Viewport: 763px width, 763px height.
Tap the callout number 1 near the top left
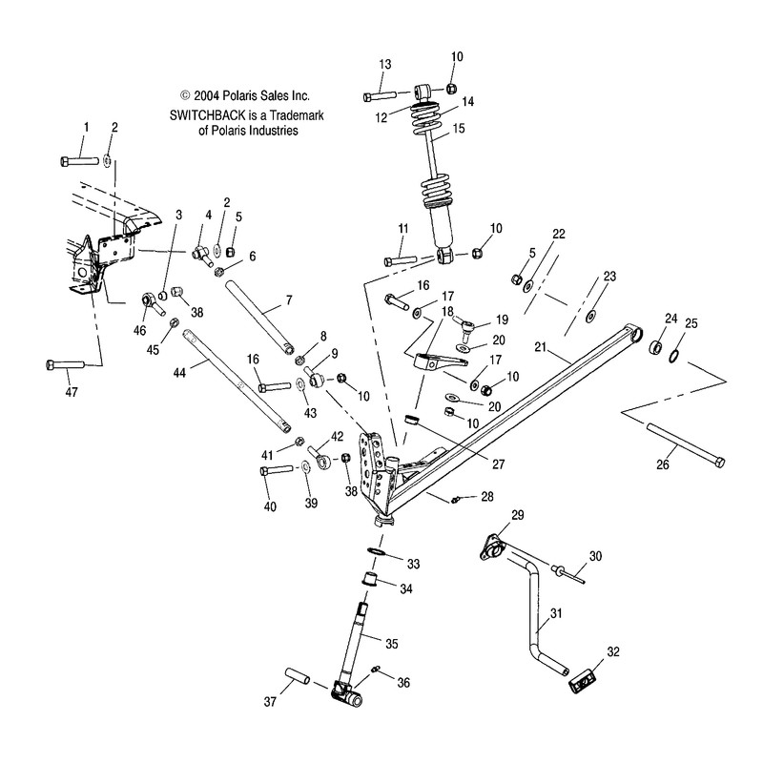(x=85, y=127)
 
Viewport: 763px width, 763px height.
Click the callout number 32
(x=613, y=652)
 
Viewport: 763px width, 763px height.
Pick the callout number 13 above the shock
(x=384, y=64)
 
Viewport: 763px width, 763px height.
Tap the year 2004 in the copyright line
(x=208, y=95)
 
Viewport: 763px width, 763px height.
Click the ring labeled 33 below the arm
(x=377, y=552)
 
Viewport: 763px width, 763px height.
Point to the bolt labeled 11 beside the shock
(x=399, y=259)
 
